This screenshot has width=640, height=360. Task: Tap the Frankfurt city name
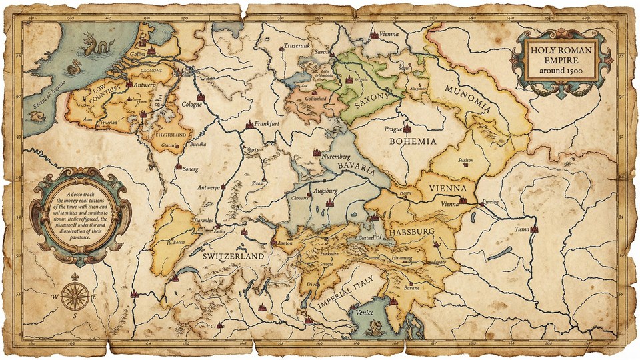(267, 124)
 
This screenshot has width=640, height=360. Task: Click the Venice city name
(364, 313)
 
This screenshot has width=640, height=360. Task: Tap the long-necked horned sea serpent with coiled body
(91, 47)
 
